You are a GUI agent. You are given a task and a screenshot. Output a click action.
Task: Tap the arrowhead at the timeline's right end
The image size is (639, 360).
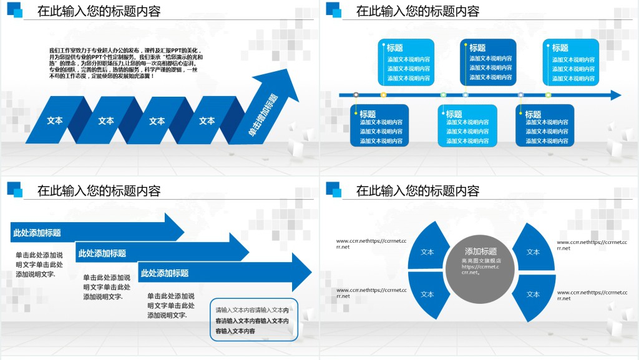click(615, 95)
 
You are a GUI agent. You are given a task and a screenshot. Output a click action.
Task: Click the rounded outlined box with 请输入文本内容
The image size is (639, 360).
click(255, 320)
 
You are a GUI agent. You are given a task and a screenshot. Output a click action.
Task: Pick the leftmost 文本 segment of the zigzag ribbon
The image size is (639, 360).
click(55, 120)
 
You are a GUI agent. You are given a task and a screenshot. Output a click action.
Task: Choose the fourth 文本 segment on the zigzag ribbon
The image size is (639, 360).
click(207, 120)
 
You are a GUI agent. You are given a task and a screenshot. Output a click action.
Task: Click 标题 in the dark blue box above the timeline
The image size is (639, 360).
click(477, 48)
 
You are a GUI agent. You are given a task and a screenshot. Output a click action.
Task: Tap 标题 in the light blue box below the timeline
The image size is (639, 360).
click(454, 114)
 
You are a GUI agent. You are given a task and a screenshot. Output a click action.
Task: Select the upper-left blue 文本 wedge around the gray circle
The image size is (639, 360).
click(428, 251)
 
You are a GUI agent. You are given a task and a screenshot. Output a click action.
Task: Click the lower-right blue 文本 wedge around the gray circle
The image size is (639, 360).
click(533, 294)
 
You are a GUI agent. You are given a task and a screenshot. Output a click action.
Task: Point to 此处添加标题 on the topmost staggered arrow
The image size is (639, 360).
click(37, 233)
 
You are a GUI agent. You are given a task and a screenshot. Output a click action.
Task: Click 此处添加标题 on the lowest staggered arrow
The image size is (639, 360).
click(165, 273)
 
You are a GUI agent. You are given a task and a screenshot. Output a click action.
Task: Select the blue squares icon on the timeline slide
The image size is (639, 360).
click(334, 10)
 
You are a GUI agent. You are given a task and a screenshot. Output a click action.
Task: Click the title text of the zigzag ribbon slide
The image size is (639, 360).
click(99, 11)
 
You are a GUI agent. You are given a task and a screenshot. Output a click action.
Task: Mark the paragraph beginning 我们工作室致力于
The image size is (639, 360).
click(125, 63)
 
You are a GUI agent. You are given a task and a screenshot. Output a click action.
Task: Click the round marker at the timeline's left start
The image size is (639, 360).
click(356, 95)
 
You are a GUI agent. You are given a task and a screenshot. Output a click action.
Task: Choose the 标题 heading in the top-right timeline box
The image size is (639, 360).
click(560, 48)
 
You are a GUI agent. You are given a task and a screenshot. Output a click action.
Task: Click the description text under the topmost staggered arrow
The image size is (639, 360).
click(39, 265)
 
